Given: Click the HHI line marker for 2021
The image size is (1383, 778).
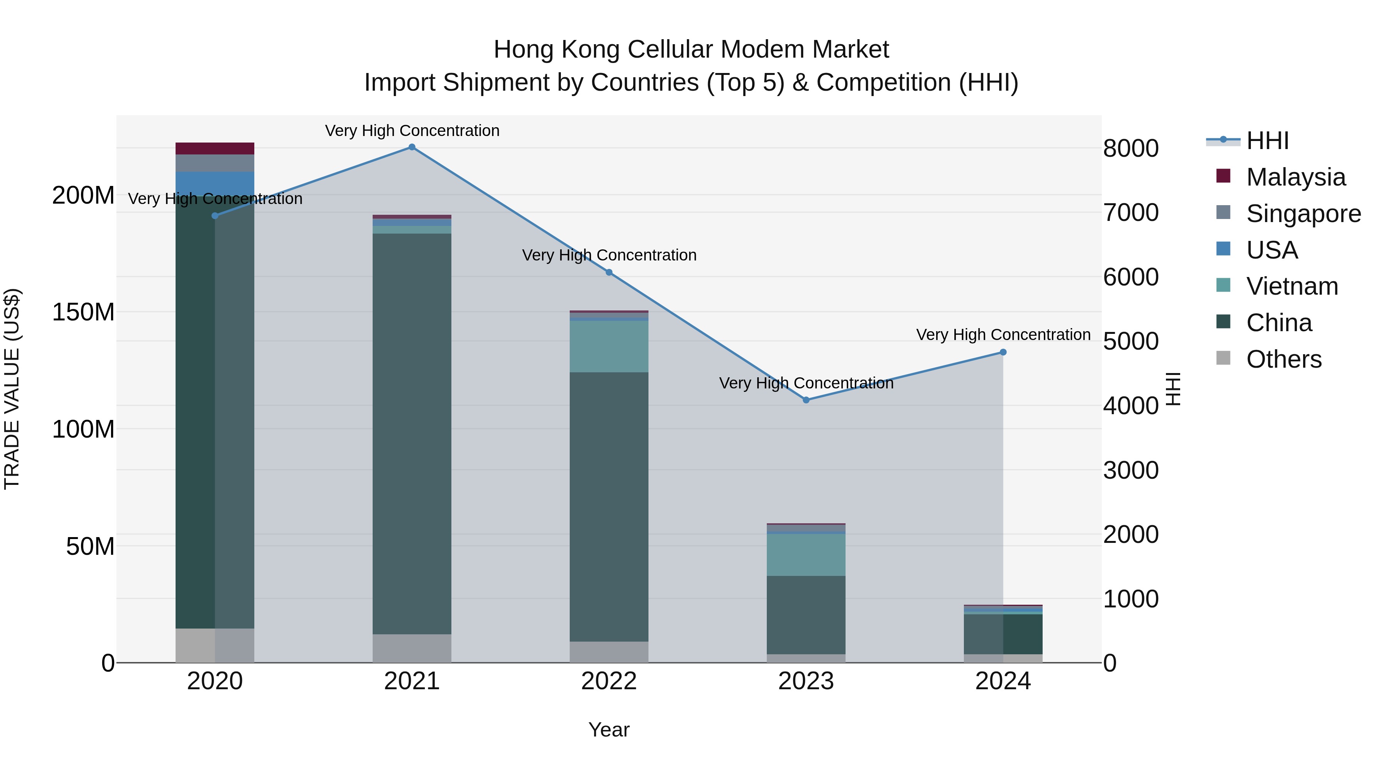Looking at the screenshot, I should [412, 147].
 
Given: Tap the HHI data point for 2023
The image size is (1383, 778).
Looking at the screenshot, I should [806, 400].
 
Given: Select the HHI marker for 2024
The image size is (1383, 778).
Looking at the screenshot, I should [1003, 352].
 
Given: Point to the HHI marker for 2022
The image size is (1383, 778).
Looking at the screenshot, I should [609, 273].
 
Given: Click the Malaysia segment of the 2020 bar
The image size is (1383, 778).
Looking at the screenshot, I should [215, 149].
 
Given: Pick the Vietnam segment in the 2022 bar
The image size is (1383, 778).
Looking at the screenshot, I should [609, 346].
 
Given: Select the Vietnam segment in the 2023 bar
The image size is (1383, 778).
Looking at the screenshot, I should [806, 555].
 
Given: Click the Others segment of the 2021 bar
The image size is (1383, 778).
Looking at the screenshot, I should [412, 648].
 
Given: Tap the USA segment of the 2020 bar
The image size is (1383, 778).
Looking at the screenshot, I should [215, 184].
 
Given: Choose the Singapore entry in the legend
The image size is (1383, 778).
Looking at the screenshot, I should [1303, 214].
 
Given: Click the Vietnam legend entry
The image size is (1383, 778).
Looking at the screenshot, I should [1292, 286].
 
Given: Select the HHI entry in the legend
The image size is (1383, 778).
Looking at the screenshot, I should [1267, 141].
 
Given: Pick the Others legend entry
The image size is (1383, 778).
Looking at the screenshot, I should [1283, 359].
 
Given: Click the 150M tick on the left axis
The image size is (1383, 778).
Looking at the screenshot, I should [83, 312].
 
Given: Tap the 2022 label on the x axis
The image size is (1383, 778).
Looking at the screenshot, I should [609, 681].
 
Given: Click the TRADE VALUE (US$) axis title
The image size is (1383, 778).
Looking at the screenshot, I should [12, 389].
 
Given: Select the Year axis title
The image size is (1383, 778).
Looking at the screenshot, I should [609, 730].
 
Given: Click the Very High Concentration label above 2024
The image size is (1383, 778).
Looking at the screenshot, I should [1003, 335].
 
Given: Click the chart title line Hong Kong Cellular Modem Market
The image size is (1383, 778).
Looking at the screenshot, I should [691, 50].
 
